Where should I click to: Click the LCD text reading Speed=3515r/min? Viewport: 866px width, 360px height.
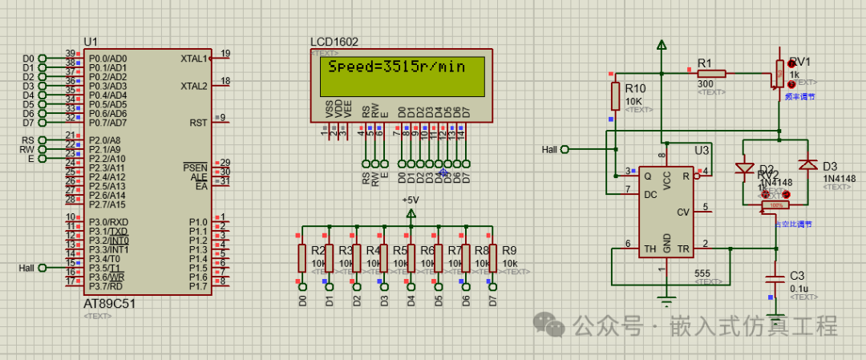tap(396, 67)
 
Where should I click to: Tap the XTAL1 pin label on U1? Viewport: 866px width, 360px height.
tap(194, 59)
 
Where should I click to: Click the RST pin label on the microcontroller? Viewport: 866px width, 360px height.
tap(198, 123)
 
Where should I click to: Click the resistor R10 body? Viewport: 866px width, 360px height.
tap(615, 96)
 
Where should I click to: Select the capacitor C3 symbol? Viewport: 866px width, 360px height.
tap(775, 280)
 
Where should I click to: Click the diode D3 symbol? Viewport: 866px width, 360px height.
tap(809, 165)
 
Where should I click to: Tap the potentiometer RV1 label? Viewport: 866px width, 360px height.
tap(800, 62)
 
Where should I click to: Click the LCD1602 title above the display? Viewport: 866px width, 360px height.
tap(334, 42)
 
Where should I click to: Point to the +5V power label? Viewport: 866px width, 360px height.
tap(411, 200)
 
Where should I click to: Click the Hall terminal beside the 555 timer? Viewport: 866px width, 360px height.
tap(565, 149)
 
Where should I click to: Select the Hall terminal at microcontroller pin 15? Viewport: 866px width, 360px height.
tap(42, 268)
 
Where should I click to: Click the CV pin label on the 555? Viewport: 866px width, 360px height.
tap(683, 212)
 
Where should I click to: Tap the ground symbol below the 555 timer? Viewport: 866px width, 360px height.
tap(663, 302)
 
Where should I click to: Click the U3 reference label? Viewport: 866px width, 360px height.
tap(702, 150)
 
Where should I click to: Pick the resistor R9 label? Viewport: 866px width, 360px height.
tap(510, 250)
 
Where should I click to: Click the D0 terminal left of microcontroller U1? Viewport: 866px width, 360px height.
tap(42, 59)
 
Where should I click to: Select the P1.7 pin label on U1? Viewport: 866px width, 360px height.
tap(197, 286)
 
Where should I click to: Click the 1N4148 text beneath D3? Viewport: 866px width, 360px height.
tap(839, 177)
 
